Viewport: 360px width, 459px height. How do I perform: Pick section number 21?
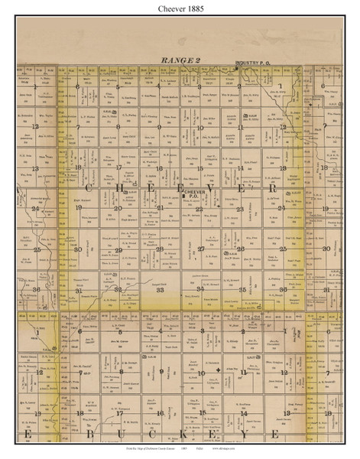tap(161, 208)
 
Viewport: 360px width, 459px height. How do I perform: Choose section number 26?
tap(240, 249)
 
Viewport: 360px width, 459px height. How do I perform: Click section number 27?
tap(200, 249)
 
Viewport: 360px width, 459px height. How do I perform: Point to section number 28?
tap(159, 249)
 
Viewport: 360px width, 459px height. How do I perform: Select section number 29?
tap(118, 249)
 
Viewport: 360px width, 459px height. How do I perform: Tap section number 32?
tap(118, 290)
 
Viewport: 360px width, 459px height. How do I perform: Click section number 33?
tap(159, 290)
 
